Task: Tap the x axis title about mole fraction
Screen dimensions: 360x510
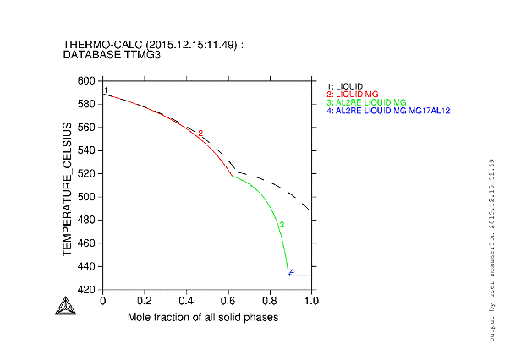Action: coord(203,317)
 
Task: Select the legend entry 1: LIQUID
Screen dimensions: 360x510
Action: coord(345,86)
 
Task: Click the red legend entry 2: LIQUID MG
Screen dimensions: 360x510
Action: coord(354,94)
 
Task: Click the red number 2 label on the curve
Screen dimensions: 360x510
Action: coord(200,134)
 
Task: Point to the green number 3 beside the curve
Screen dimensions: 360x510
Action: coord(282,225)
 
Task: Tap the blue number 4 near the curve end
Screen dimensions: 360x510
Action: coord(292,272)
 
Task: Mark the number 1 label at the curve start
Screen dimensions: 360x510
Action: coord(106,90)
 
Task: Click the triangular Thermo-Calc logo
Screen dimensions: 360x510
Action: coord(63,306)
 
